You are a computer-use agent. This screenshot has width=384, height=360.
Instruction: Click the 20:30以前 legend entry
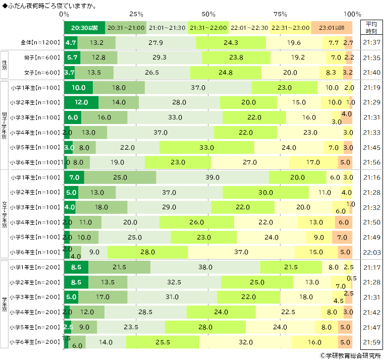click(84, 27)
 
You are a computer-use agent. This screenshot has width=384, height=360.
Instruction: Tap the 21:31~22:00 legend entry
click(208, 27)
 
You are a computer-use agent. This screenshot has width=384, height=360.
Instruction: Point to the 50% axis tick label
click(208, 14)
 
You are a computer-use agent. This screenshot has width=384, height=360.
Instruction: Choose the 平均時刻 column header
click(371, 27)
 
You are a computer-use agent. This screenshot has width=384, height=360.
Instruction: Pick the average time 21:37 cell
click(371, 42)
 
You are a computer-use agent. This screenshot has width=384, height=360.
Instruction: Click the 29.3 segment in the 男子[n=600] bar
click(159, 57)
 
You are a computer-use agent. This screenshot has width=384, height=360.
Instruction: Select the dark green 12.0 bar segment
click(81, 102)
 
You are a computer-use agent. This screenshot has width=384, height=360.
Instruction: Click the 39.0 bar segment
click(212, 177)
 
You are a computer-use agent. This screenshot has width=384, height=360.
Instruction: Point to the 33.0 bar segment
click(207, 147)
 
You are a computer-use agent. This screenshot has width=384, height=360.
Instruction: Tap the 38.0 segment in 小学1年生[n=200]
click(205, 267)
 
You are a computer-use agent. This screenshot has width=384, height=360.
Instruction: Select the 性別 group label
click(5, 65)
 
